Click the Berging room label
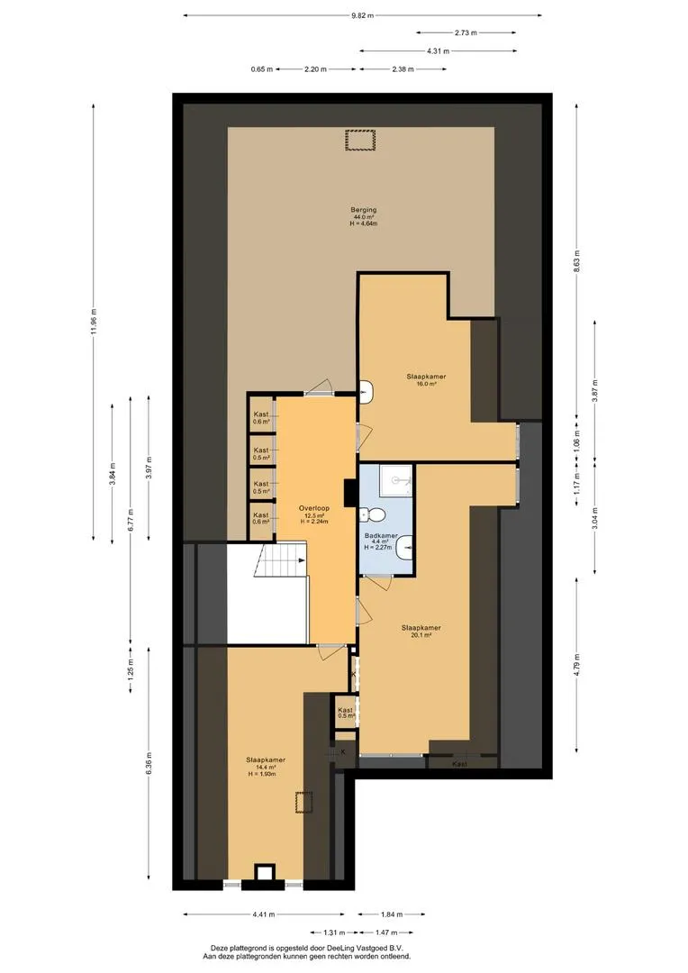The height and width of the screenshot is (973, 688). click(363, 210)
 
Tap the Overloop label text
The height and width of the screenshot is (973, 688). click(314, 508)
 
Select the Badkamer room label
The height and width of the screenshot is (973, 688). click(381, 535)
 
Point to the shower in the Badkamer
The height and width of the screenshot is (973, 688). click(396, 480)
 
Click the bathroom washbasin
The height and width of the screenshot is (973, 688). click(404, 546)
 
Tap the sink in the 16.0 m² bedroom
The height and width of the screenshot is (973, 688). click(367, 392)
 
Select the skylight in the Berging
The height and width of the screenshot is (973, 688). click(361, 140)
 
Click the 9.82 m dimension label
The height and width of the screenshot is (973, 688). click(362, 15)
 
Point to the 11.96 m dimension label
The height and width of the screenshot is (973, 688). click(94, 321)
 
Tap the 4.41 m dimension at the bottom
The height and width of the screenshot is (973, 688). click(264, 914)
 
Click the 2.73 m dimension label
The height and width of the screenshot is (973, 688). click(466, 33)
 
